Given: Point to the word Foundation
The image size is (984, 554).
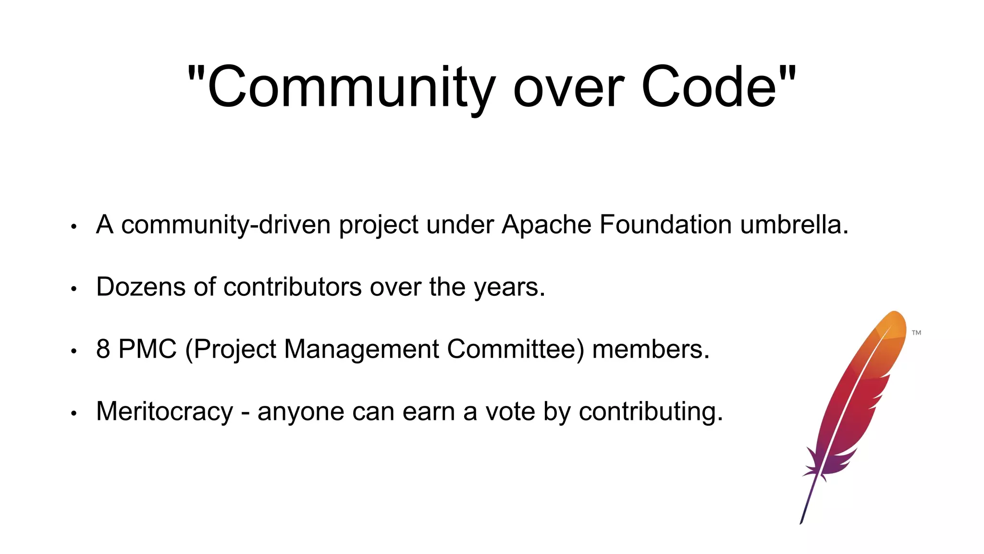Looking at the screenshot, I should [665, 225].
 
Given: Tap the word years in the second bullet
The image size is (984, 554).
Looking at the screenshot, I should [509, 288].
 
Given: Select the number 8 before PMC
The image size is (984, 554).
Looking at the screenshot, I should [103, 349].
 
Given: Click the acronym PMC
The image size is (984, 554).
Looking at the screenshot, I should [148, 349].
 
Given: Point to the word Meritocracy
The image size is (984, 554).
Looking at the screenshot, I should [165, 412].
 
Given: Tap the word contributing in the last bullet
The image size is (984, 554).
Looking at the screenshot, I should [651, 413].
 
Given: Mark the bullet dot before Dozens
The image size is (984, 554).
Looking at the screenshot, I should [74, 289].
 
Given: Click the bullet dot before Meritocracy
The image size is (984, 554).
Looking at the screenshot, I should [74, 413].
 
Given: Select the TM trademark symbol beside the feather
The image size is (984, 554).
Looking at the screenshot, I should [916, 333].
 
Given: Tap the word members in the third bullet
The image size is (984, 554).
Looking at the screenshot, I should [651, 349].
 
